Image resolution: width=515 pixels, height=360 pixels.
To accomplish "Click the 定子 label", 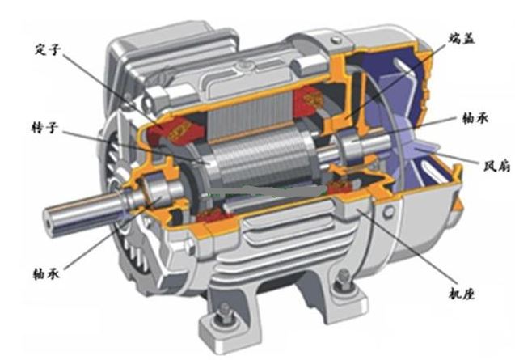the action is coord(48,50).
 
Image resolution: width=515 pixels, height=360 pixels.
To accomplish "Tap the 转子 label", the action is coord(44,128).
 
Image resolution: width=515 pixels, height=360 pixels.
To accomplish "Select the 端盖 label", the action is coord(462,38).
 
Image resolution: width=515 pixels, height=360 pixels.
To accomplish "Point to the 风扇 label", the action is coord(496,166).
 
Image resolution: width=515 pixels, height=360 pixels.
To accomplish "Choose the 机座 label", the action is coord(462,294).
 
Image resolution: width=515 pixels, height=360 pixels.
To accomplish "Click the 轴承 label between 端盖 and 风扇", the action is coord(475,118).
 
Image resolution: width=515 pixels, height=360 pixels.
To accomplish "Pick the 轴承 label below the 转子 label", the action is coord(46,273).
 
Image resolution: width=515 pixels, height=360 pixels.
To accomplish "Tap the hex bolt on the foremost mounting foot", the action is coord(225,315).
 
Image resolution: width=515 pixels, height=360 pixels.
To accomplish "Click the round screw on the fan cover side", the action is coord(389,211).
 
